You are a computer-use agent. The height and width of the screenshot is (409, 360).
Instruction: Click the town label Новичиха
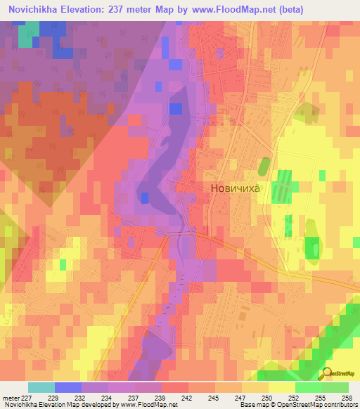(x=236, y=188)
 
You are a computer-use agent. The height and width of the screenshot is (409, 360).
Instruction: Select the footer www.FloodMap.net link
(x=148, y=405)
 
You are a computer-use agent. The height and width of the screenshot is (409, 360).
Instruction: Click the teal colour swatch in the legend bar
(x=41, y=387)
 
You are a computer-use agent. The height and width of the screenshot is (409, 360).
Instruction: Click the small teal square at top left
(x=25, y=39)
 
